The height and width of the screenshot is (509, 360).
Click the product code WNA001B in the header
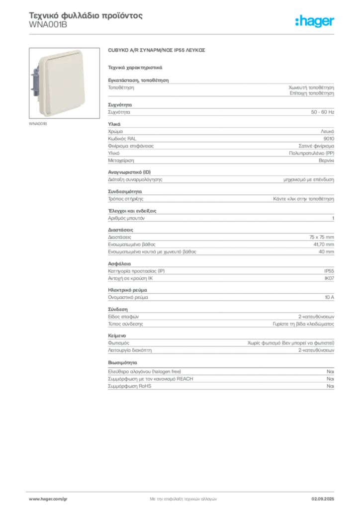coord(48,25)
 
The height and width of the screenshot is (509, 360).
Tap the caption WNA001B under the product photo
coord(38,124)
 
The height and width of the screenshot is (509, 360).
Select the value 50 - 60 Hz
coord(322,112)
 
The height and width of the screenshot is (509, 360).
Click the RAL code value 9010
coord(329,139)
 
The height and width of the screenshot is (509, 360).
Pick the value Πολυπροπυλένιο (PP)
coord(311,153)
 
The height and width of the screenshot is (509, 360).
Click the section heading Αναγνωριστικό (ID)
coord(129,172)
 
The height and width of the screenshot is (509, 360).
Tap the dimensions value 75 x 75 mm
coord(321,237)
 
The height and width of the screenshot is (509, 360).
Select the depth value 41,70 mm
coord(324,245)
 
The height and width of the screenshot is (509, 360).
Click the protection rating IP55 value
coord(329,271)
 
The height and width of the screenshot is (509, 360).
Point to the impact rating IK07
coord(329,278)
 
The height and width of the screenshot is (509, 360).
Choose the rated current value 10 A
coord(330,297)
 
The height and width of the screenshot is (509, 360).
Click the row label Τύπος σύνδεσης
coord(125,324)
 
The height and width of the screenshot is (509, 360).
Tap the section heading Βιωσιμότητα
coord(122,362)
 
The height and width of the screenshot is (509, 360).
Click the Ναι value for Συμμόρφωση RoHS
coord(330,386)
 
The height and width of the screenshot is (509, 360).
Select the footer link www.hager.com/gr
coord(48,499)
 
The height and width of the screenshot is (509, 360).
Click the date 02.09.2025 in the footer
coord(323,499)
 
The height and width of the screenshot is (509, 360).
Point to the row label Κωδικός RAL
coord(122,139)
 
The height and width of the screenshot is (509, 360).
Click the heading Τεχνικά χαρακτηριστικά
coord(135,68)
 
